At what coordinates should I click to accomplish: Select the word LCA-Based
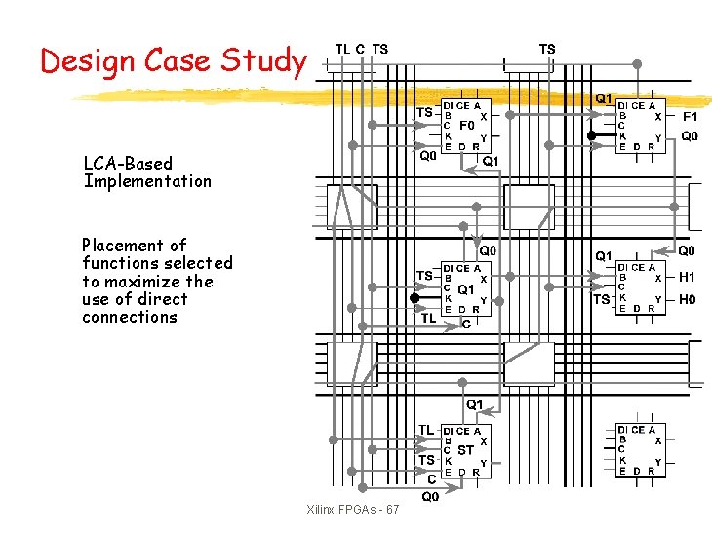pos(128,163)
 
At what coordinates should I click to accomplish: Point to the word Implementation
pos(147,180)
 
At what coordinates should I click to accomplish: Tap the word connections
pos(130,317)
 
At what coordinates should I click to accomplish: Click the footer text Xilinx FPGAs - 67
pos(352,510)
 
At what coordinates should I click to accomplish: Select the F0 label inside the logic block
pos(466,126)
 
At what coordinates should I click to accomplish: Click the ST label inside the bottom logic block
pos(466,450)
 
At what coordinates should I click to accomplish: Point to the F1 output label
pos(689,115)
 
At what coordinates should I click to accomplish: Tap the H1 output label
pos(688,277)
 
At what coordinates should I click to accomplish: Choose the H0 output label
pos(688,299)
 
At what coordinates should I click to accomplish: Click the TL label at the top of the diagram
pos(342,49)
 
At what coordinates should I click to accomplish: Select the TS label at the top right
pos(547,49)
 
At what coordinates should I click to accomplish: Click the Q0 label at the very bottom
pos(430,497)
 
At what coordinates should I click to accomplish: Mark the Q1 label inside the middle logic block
pos(466,289)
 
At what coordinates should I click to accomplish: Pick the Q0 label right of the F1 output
pos(689,136)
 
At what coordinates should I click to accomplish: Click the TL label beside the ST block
pos(426,429)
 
